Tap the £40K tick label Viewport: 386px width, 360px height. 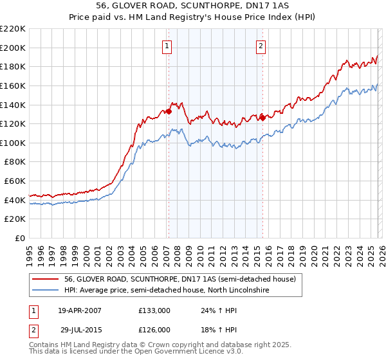point(15,200)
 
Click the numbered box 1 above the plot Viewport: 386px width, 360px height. point(167,46)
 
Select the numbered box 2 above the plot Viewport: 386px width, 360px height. point(261,46)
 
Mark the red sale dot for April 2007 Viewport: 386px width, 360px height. point(169,111)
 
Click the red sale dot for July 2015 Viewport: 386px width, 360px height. point(262,118)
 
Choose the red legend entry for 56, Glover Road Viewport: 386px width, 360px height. point(179,279)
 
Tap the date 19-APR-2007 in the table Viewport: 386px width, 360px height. point(80,310)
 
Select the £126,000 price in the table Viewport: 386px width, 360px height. point(154,330)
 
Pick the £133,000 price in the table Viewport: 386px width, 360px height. point(154,310)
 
